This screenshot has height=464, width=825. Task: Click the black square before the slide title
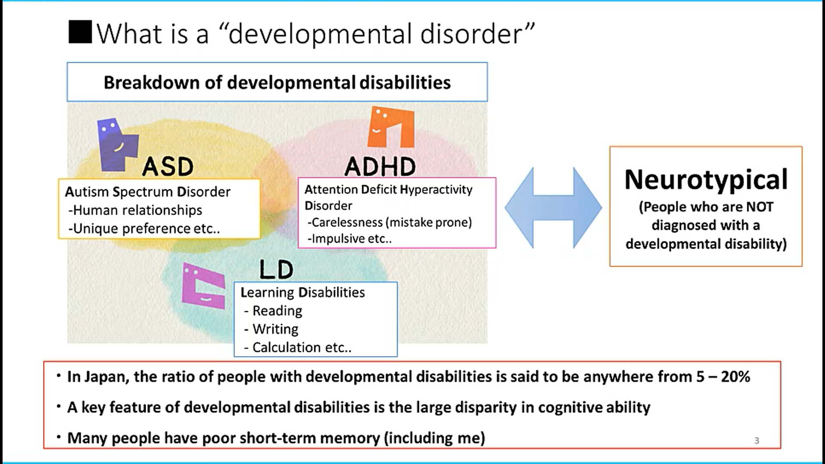pos(80,32)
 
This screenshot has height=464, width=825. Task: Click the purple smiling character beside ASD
pos(117,144)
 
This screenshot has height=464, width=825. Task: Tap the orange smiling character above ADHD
pos(391,127)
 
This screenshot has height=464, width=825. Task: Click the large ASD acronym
pos(168,167)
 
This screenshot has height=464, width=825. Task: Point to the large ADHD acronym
pos(380,166)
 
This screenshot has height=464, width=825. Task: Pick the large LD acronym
pos(276,270)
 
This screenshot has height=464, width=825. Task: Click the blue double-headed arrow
pos(553,208)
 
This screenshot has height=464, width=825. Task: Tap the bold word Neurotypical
pos(706,180)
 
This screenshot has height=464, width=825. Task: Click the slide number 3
pos(757,441)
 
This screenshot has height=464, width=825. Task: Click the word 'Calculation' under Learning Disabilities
pos(286,347)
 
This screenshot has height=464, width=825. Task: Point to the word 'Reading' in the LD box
pos(277,311)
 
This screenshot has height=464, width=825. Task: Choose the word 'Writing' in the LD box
pos(275,329)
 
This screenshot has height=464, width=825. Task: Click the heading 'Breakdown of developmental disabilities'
pos(277,82)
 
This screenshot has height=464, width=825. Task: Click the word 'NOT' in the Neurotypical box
pos(760,207)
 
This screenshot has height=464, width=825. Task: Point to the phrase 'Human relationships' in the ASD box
pos(137,210)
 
